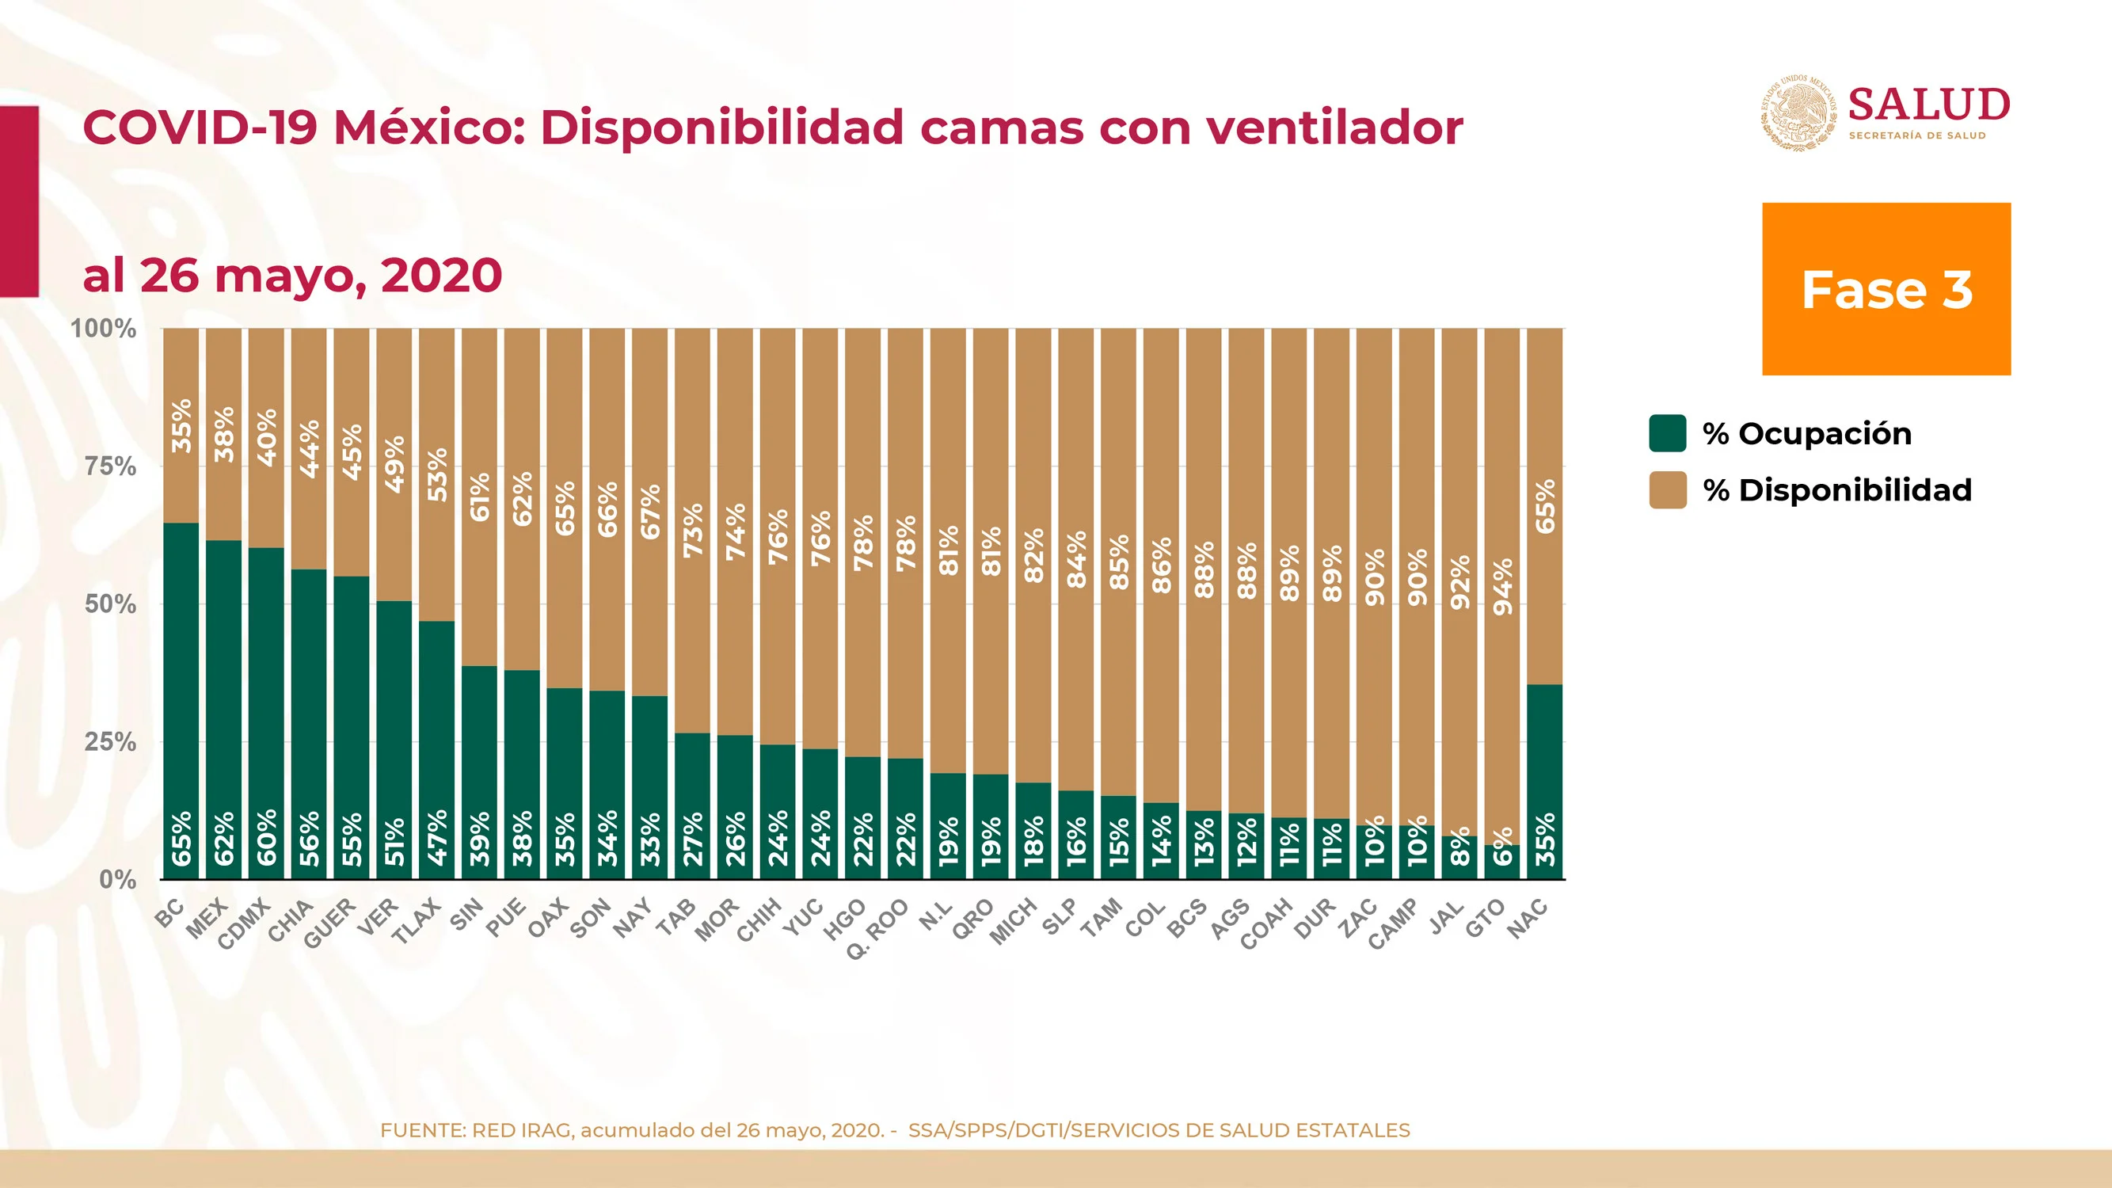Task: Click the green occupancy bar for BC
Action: click(181, 701)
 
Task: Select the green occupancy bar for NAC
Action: click(1545, 782)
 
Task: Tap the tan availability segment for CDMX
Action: click(266, 438)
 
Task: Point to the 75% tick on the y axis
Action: click(111, 466)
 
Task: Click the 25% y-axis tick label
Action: click(111, 742)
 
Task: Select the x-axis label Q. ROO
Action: click(877, 929)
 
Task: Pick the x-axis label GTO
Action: click(1486, 917)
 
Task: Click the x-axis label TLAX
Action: click(417, 921)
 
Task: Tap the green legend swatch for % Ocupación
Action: click(1668, 433)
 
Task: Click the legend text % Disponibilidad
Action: click(1837, 489)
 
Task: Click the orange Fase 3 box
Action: click(1886, 288)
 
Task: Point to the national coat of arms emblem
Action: click(1799, 112)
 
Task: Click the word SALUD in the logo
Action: click(1929, 105)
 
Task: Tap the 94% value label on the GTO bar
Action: click(1502, 587)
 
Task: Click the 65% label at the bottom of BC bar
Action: click(181, 838)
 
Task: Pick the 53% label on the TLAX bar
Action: click(436, 474)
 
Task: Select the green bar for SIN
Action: click(479, 772)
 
